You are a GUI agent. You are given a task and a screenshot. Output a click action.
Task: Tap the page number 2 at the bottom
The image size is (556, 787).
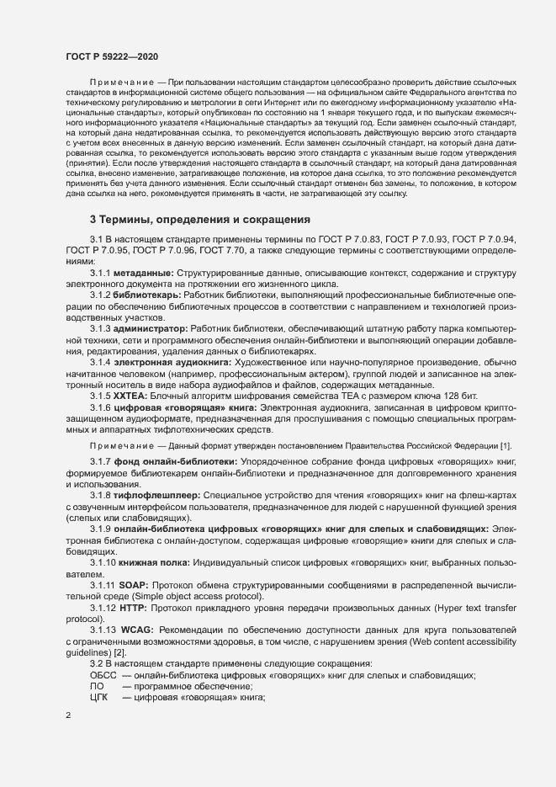click(68, 715)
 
